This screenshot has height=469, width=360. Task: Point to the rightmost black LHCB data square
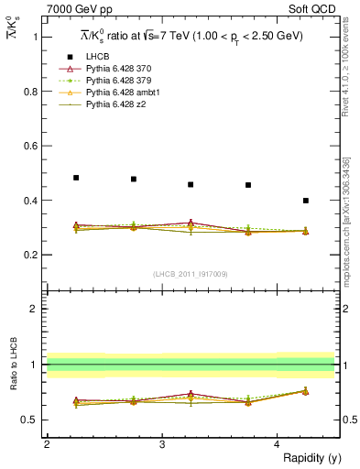coord(306,200)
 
